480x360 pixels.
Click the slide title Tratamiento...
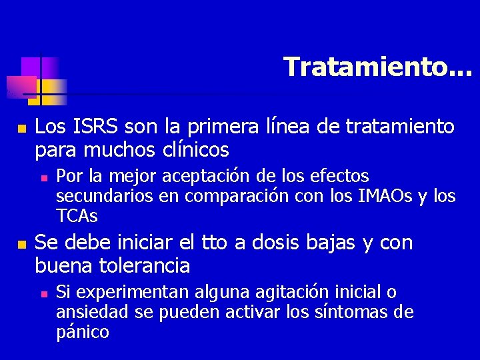[377, 67]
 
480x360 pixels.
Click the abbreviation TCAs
[77, 216]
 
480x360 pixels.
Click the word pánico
[83, 332]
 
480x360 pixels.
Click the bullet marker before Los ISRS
[21, 127]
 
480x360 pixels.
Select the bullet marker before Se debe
[21, 244]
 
